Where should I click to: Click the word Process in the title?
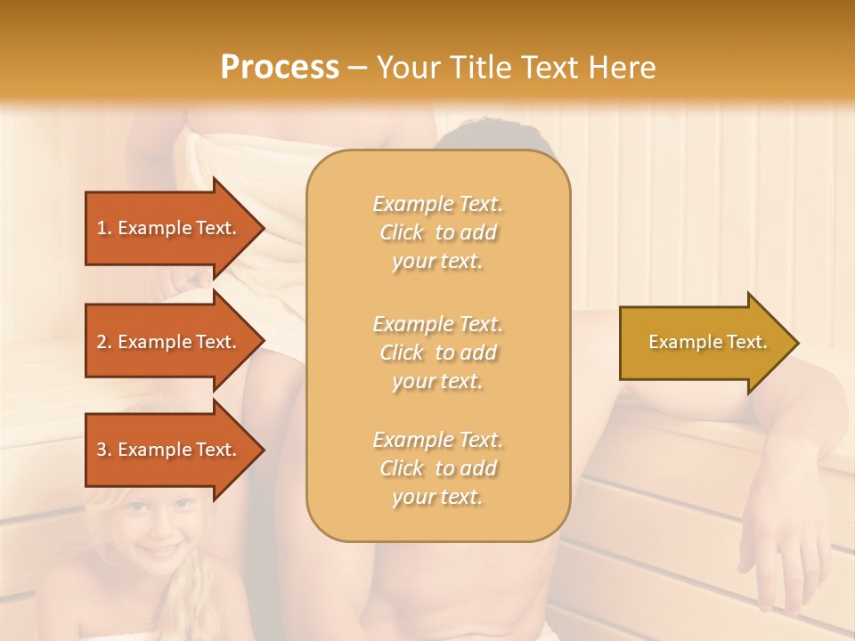coord(280,67)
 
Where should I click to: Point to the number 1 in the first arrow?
coord(102,228)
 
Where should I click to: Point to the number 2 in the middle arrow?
coord(102,342)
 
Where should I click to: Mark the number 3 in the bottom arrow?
coord(102,450)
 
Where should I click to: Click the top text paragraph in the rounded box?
coord(438,232)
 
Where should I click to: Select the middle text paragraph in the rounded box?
coord(438,353)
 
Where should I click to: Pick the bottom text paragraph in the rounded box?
coord(438,468)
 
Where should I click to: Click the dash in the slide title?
coord(358,68)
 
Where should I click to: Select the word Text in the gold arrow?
coord(746,342)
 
